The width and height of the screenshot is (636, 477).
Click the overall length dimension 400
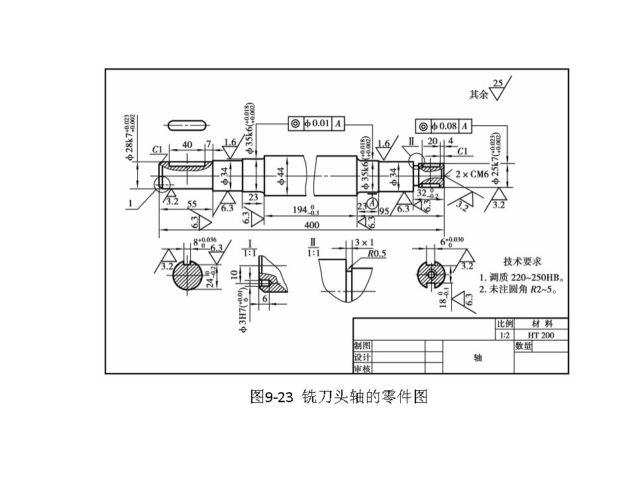coord(311,225)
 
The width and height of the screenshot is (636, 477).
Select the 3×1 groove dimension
coord(364,243)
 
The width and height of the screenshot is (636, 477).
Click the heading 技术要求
coord(523,262)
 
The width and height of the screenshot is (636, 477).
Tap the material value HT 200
coord(541,335)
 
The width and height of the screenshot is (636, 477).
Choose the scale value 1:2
coord(505,335)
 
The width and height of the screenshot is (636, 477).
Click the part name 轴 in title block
coord(477,357)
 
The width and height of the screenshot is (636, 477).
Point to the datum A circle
coord(373,203)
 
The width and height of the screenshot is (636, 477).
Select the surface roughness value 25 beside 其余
coord(498,83)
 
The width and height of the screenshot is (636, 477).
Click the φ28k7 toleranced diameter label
coord(131,138)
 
